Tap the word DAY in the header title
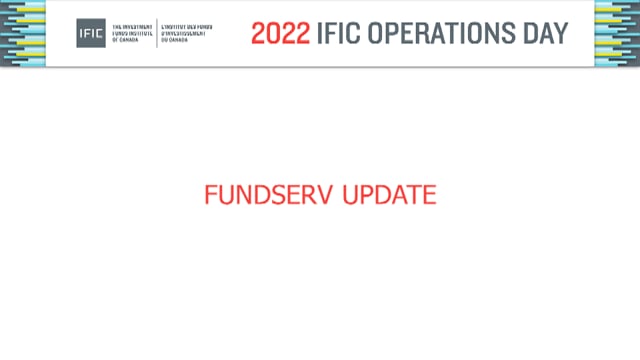coord(544,33)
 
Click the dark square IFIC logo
coord(90,33)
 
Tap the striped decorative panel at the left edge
coord(22,33)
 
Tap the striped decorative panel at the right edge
coord(617,33)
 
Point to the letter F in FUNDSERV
coord(210,195)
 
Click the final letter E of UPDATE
coord(430,195)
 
